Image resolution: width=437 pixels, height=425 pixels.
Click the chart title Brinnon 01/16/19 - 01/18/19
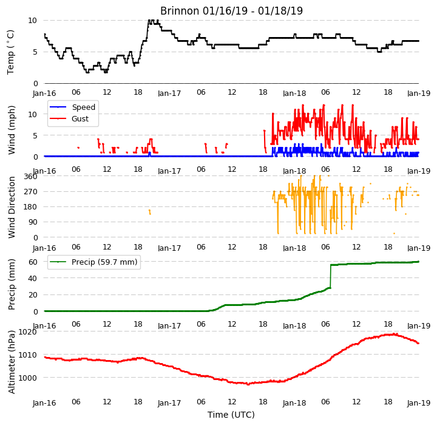231,11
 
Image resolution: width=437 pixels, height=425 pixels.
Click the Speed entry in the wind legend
72,107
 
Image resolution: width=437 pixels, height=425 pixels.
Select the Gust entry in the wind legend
69,118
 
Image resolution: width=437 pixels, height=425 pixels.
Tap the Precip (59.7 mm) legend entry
93,262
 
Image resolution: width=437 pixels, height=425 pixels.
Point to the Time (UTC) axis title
231,415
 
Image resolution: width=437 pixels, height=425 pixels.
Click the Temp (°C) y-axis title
10,52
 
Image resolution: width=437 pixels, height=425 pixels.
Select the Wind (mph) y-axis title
11,131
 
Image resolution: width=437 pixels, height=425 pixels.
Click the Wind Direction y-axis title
11,207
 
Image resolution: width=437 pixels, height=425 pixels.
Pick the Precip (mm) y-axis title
11,285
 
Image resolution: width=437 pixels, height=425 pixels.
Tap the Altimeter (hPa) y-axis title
11,362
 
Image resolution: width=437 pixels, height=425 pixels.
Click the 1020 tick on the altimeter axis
27,331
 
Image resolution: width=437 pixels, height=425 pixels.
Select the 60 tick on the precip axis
33,262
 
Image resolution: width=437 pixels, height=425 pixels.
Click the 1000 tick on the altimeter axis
27,378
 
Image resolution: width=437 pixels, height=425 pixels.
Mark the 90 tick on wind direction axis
33,222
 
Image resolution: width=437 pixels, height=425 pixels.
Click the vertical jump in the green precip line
331,276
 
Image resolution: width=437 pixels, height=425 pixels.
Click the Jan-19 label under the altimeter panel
419,403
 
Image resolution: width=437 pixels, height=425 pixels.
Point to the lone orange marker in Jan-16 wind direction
150,212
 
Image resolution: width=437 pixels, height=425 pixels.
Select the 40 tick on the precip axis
33,278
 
